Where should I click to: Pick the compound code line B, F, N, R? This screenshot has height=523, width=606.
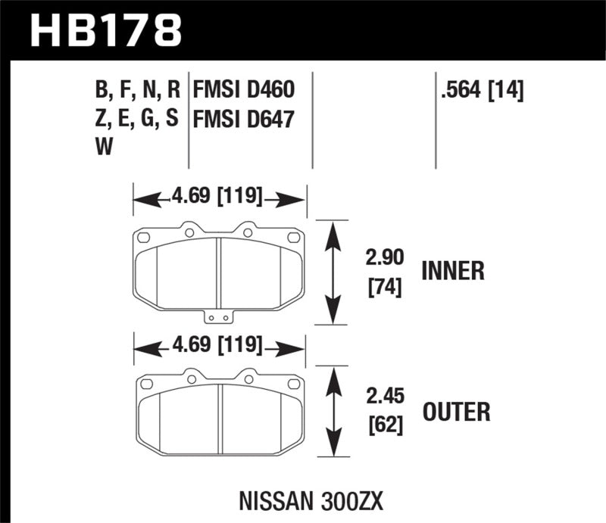tap(137, 92)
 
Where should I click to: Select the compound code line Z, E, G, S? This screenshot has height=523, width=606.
tap(137, 120)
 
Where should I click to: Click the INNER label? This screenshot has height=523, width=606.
tap(453, 271)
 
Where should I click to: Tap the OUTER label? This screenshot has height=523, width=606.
tap(455, 412)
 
